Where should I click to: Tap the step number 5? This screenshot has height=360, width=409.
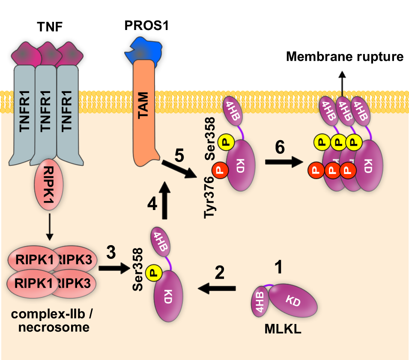point(179,155)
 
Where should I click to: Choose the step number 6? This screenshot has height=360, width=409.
point(280,148)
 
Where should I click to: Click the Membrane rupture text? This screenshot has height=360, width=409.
point(345,57)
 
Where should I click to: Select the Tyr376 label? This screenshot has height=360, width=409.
point(210,198)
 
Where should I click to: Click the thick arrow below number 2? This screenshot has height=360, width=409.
point(217,289)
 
